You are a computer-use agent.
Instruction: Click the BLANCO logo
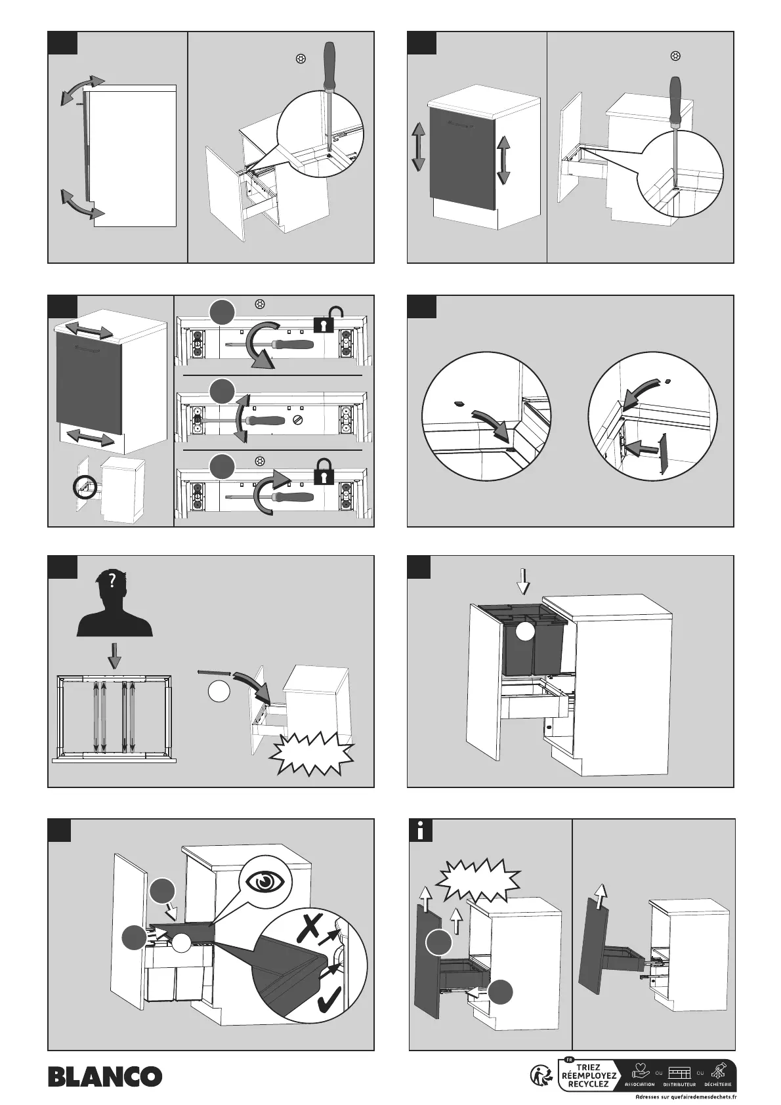tap(104, 1075)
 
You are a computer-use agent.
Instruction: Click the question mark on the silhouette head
tap(113, 580)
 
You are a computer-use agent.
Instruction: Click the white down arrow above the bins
tap(523, 580)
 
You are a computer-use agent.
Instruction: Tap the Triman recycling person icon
tap(540, 1074)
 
